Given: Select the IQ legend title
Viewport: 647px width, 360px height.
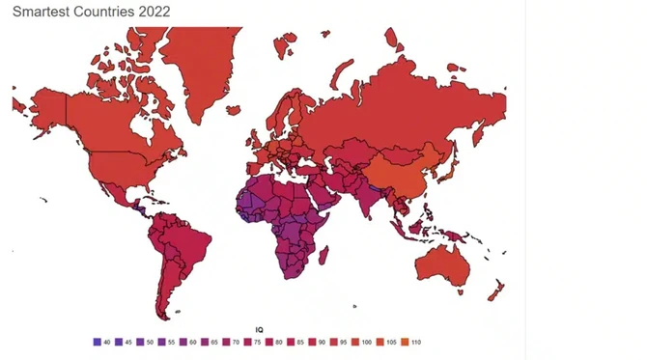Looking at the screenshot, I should point(259,330).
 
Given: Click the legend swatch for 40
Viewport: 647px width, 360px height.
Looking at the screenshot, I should point(97,342).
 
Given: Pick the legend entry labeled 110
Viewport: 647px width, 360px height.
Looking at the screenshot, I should point(406,342).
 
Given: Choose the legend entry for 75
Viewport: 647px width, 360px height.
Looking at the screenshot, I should point(247,342).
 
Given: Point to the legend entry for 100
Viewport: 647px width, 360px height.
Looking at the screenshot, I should point(355,342).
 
